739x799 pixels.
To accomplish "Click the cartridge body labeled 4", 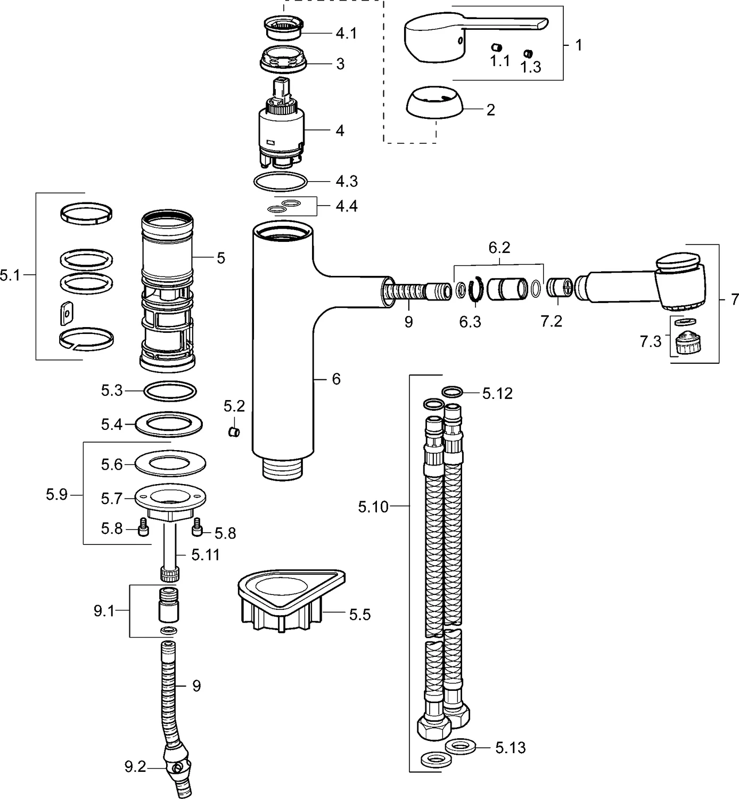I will tap(281, 131).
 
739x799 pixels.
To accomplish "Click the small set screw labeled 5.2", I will tap(234, 431).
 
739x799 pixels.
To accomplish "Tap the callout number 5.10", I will tap(373, 507).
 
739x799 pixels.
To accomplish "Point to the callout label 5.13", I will tap(510, 748).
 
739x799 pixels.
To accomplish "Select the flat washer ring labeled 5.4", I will tap(169, 425).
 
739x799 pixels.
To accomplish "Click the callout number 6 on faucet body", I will tap(335, 379).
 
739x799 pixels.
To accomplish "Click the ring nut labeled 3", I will tap(283, 60).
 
